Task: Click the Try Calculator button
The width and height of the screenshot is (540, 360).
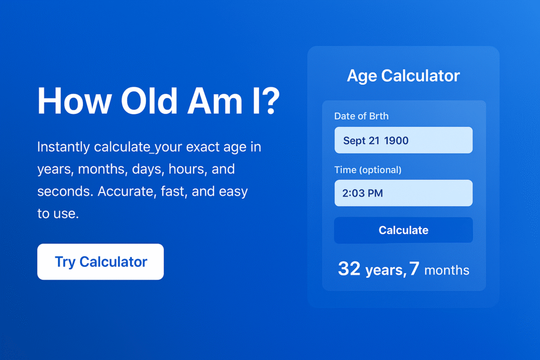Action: [x=100, y=261]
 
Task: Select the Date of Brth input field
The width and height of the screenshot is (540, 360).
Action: [x=403, y=140]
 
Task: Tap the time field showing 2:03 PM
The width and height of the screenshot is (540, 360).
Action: [x=403, y=193]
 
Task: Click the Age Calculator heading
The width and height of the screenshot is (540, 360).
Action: [x=403, y=76]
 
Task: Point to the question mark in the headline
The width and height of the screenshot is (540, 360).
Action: [x=269, y=101]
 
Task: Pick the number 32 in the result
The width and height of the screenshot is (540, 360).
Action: [x=349, y=269]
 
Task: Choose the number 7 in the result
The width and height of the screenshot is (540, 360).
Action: [x=414, y=269]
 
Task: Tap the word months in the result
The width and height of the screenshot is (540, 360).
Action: [x=447, y=270]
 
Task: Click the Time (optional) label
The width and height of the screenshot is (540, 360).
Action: [x=368, y=170]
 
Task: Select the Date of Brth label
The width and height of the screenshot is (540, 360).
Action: [x=361, y=116]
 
